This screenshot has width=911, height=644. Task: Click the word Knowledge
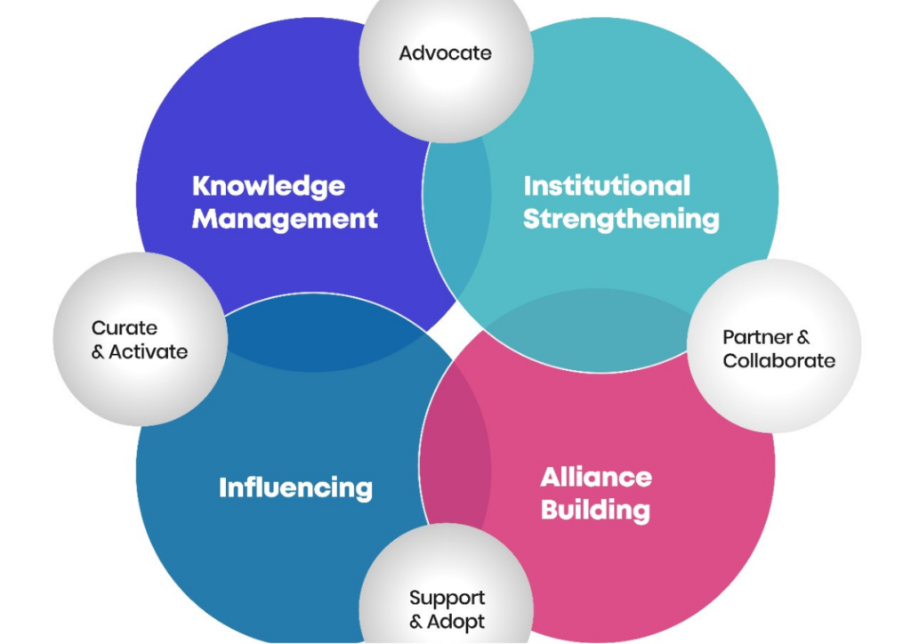pyautogui.click(x=269, y=187)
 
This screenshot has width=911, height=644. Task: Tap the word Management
pyautogui.click(x=285, y=219)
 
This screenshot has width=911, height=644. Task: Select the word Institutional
pyautogui.click(x=607, y=186)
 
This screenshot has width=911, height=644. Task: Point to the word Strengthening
pyautogui.click(x=620, y=220)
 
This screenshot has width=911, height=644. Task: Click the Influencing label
pyautogui.click(x=295, y=487)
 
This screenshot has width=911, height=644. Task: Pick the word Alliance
pyautogui.click(x=596, y=478)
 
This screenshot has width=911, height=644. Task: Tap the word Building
pyautogui.click(x=595, y=510)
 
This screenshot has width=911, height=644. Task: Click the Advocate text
pyautogui.click(x=445, y=52)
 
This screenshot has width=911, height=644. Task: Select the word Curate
pyautogui.click(x=125, y=327)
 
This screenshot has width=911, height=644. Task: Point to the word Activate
pyautogui.click(x=149, y=351)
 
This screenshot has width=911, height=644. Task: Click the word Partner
pyautogui.click(x=757, y=337)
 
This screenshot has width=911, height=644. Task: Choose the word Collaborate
pyautogui.click(x=779, y=360)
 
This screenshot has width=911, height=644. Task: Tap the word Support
pyautogui.click(x=447, y=598)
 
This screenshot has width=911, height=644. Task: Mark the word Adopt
pyautogui.click(x=455, y=622)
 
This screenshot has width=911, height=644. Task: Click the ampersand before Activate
pyautogui.click(x=98, y=352)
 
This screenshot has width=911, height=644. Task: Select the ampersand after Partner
pyautogui.click(x=803, y=337)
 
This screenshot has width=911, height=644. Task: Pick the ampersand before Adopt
pyautogui.click(x=416, y=622)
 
